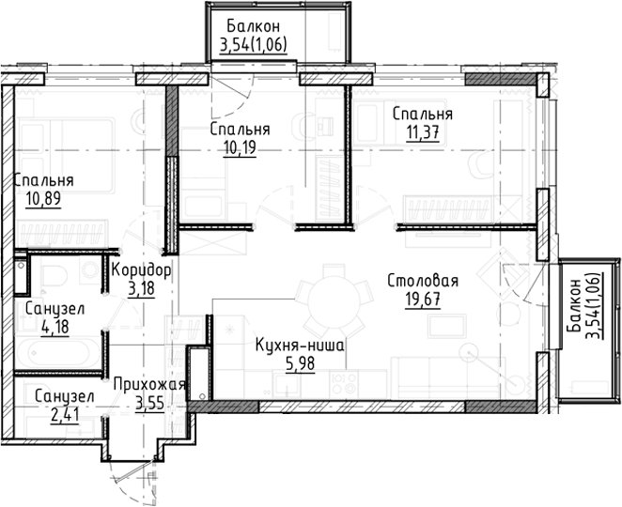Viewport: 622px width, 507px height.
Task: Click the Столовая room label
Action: [x=422, y=281]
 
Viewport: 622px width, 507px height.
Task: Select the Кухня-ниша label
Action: [x=299, y=346]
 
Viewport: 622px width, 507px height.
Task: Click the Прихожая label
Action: [x=148, y=385]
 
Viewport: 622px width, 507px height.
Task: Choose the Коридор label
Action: [x=141, y=270]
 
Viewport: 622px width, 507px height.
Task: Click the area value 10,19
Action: [x=241, y=147]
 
